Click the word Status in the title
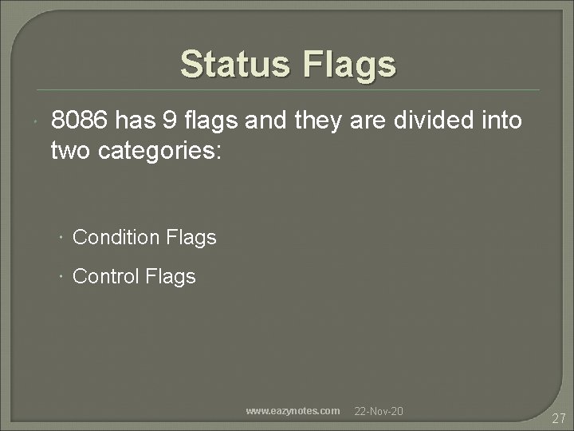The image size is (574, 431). [234, 64]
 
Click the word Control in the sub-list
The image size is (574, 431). [107, 277]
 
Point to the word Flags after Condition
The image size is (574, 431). [192, 237]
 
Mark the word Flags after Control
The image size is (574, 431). [171, 277]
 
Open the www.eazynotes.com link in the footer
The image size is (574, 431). [293, 411]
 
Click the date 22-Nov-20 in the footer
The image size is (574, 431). [379, 411]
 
